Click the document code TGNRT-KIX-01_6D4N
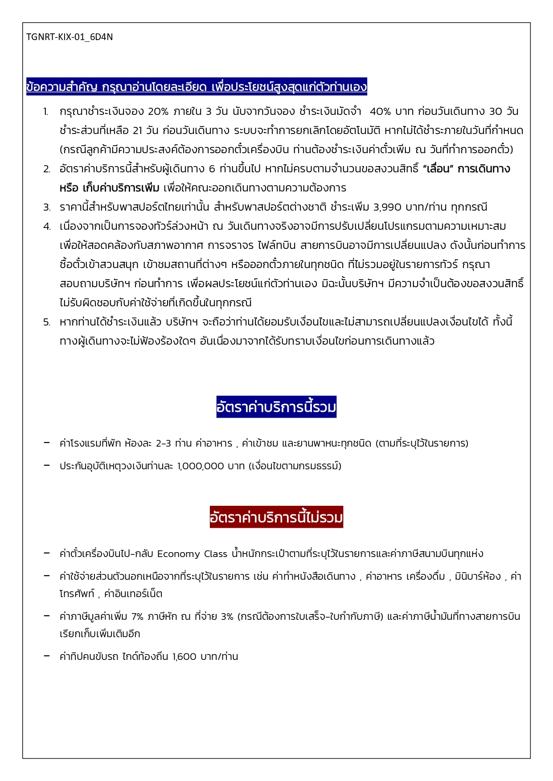[70, 37]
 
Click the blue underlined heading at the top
[196, 86]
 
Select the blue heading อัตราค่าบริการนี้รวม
[276, 407]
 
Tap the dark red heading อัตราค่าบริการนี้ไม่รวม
[276, 517]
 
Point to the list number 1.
[46, 112]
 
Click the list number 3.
[47, 207]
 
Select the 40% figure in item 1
[380, 111]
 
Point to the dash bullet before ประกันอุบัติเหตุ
[47, 465]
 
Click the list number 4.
[47, 227]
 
